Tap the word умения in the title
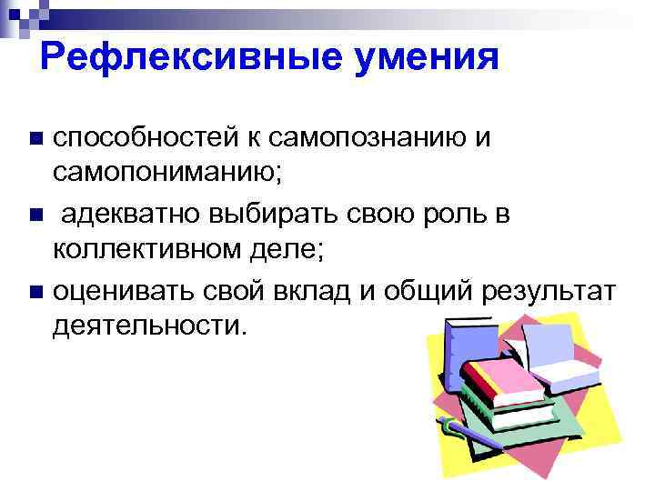413,58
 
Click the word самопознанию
358,138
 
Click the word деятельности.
149,324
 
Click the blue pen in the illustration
468,434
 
